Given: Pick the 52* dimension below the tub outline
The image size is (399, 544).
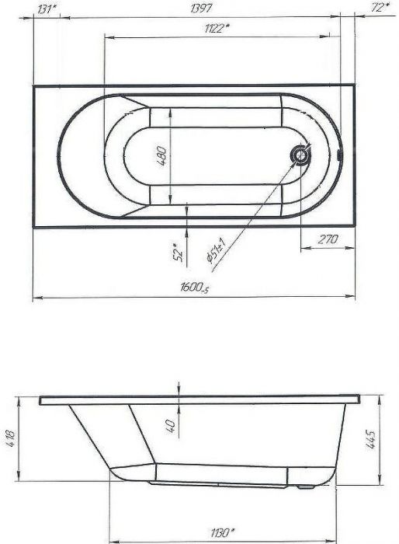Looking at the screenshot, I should coord(178,251).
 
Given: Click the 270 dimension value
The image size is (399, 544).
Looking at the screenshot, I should coord(328,239).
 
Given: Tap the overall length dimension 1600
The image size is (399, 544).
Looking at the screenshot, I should coord(194,289).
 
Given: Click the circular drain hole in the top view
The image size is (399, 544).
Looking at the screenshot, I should coord(300,156).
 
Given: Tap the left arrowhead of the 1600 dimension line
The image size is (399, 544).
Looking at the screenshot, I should coord(35,298).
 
